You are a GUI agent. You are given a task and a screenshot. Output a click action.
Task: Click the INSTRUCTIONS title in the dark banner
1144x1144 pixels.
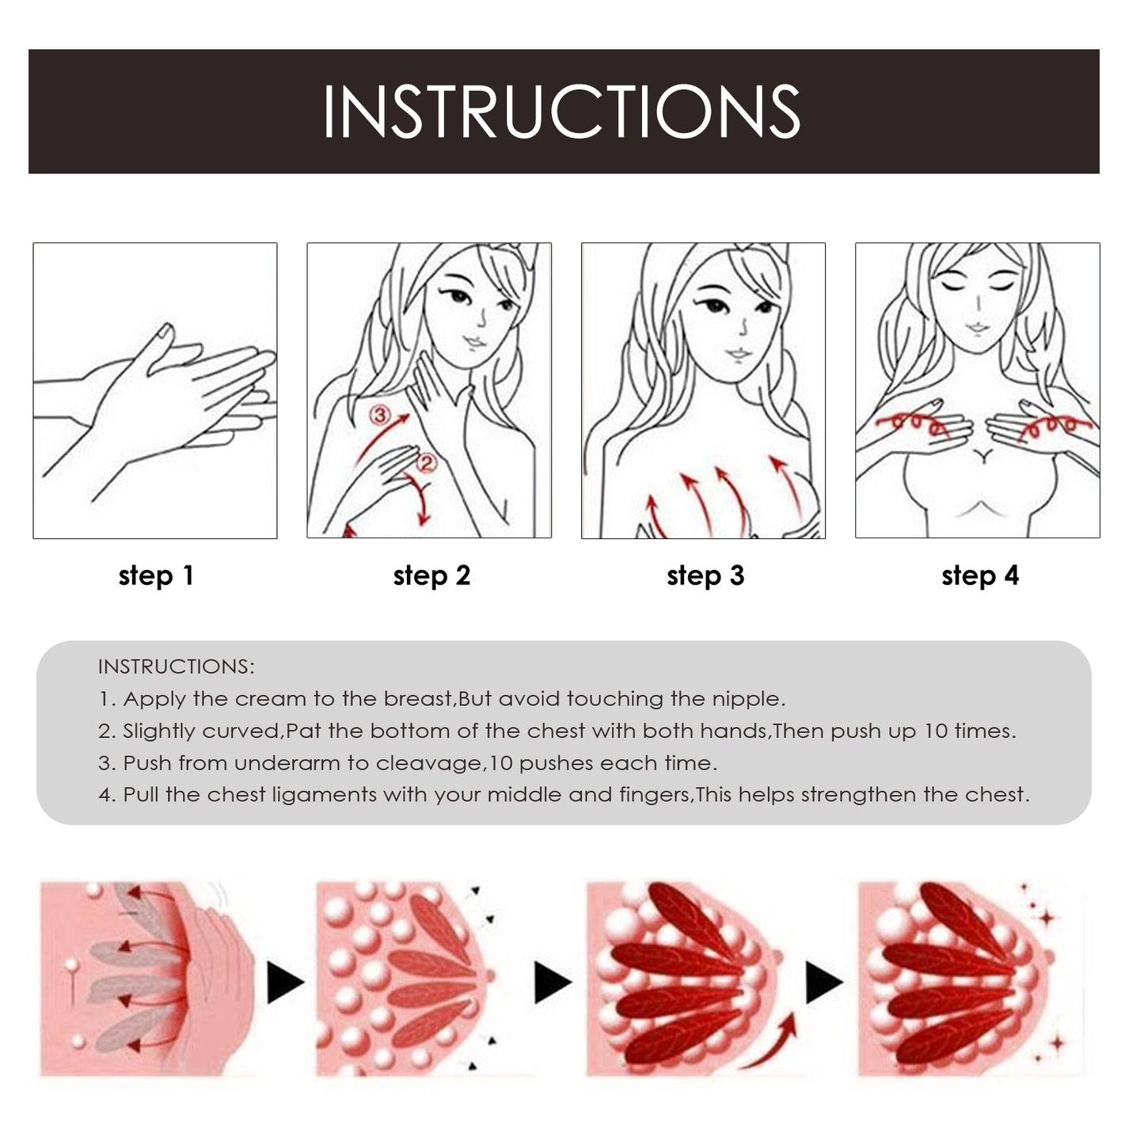562,112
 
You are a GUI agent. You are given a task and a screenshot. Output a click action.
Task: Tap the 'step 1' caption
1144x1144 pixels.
156,576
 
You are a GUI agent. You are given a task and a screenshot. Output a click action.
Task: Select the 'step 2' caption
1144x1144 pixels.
431,576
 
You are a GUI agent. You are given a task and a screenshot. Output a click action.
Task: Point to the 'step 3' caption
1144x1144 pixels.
705,576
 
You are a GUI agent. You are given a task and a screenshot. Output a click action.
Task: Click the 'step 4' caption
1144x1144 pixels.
980,576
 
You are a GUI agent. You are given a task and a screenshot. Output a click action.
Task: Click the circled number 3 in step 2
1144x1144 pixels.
381,415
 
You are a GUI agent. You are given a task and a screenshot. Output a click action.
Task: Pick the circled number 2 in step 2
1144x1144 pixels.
426,462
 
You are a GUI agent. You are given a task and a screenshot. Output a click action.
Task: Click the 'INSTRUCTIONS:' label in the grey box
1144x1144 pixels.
176,667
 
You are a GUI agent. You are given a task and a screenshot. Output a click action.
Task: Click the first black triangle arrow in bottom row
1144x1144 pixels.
284,983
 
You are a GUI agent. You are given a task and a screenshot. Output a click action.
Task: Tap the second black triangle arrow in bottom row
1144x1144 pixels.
552,983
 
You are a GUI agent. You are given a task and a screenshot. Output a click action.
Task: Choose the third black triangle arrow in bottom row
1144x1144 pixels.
823,983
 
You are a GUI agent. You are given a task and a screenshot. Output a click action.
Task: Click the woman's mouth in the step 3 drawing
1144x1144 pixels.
737,354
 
